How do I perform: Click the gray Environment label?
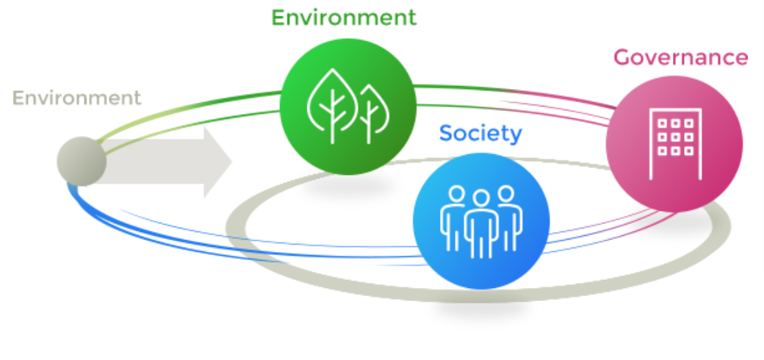pyautogui.click(x=76, y=98)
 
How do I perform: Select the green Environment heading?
pyautogui.click(x=344, y=18)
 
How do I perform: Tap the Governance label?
pyautogui.click(x=680, y=57)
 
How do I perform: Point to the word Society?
pyautogui.click(x=480, y=134)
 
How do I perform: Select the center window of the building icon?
pyautogui.click(x=674, y=137)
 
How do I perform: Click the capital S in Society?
pyautogui.click(x=446, y=134)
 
